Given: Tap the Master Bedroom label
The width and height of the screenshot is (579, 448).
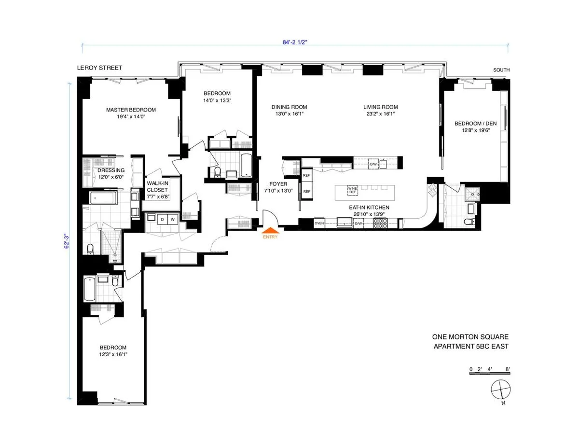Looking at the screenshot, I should (x=131, y=110).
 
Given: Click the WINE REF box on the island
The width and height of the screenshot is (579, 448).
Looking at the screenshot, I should (x=353, y=191).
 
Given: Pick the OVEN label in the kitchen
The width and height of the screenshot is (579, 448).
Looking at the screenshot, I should (x=319, y=224).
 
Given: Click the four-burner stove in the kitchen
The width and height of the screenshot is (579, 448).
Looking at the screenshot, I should (x=381, y=224).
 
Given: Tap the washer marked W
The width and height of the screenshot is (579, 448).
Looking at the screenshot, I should (x=171, y=219).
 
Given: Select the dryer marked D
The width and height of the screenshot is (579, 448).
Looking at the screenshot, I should (x=162, y=219).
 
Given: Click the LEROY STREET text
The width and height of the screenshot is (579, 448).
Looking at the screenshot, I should (x=100, y=68).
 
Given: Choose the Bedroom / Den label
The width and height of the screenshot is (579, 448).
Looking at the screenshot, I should (x=475, y=123).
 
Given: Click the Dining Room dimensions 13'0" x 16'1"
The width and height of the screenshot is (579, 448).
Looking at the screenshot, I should (x=289, y=114).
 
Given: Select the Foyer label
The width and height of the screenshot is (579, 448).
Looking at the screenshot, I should (x=278, y=184).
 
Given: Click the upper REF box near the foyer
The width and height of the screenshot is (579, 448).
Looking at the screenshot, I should (x=306, y=176).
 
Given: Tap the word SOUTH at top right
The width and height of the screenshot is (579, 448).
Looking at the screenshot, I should (x=501, y=70).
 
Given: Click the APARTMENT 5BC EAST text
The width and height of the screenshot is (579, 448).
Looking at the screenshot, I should (x=470, y=346).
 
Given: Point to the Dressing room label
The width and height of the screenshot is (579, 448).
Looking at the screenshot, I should (x=111, y=170).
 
